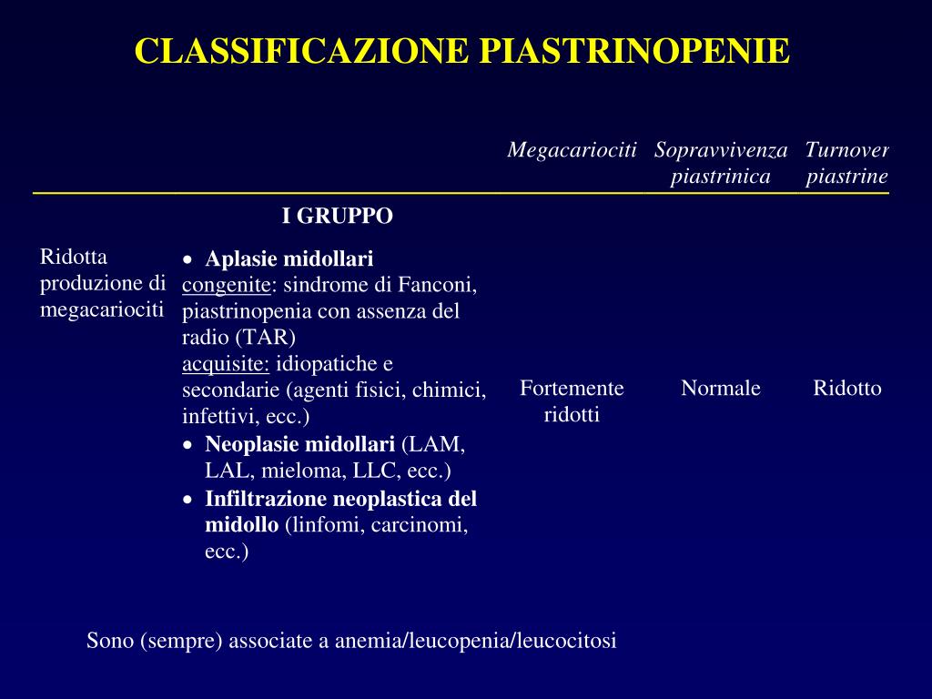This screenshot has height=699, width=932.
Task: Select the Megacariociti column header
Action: coord(572,149)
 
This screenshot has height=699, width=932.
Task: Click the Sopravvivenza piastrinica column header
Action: coord(721,162)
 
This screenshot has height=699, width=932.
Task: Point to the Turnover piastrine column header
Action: coord(846,162)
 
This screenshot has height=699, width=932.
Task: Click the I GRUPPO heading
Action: coord(337,217)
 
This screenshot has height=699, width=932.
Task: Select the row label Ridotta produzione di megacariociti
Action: coord(102,283)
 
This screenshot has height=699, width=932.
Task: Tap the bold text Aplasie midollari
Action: coord(289,258)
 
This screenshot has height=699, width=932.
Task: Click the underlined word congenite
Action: coord(226,285)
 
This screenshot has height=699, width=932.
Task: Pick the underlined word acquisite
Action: coord(226,364)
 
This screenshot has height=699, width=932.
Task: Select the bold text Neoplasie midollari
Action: coord(299,444)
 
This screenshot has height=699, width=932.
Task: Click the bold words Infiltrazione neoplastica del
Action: coord(340,499)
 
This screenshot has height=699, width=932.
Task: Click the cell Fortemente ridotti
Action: coord(572,401)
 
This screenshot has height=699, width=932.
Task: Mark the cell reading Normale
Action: coord(721,389)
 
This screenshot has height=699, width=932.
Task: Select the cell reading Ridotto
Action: coord(846,389)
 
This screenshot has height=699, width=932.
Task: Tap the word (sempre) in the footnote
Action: coord(181,641)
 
